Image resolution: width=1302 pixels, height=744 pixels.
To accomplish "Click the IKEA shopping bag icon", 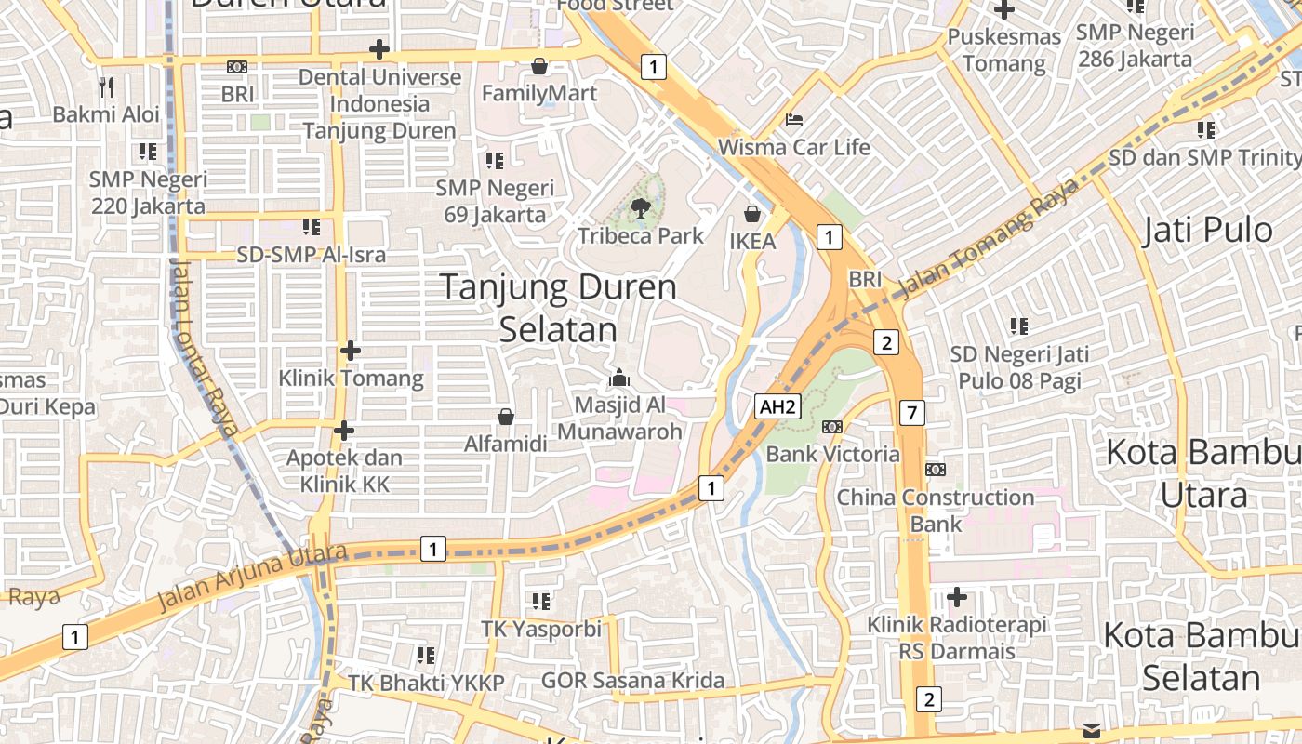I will point(752,215).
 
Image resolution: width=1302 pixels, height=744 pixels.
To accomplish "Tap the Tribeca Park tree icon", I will point(640,207).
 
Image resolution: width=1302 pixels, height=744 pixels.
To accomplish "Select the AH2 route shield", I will point(777,406).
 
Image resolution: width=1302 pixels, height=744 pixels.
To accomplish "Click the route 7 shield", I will point(912,412).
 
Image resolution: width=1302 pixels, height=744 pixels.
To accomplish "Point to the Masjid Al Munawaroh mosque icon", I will point(618,378).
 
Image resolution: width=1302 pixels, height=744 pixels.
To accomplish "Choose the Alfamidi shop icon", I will point(506,416).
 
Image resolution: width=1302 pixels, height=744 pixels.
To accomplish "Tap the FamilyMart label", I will point(539,93).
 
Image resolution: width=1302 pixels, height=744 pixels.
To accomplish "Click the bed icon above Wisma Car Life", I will point(794,120).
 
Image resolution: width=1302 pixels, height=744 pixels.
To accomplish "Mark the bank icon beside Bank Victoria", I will point(832,427).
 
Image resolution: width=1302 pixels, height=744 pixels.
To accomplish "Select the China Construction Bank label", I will point(936,511).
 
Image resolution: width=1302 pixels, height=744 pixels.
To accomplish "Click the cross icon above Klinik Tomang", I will point(351,351).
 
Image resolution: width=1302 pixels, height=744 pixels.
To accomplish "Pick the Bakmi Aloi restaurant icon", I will point(106,87).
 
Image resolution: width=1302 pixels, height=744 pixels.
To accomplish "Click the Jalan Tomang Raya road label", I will point(991,237).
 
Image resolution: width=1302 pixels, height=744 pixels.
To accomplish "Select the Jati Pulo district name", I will point(1207,230).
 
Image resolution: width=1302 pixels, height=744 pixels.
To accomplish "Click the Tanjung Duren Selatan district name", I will point(558,308).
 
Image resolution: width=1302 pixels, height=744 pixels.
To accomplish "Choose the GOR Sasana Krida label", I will point(632,681).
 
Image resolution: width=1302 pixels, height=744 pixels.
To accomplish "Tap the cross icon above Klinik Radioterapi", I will point(957,596).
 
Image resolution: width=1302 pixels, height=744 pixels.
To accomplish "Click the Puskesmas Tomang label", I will point(1004,50).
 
